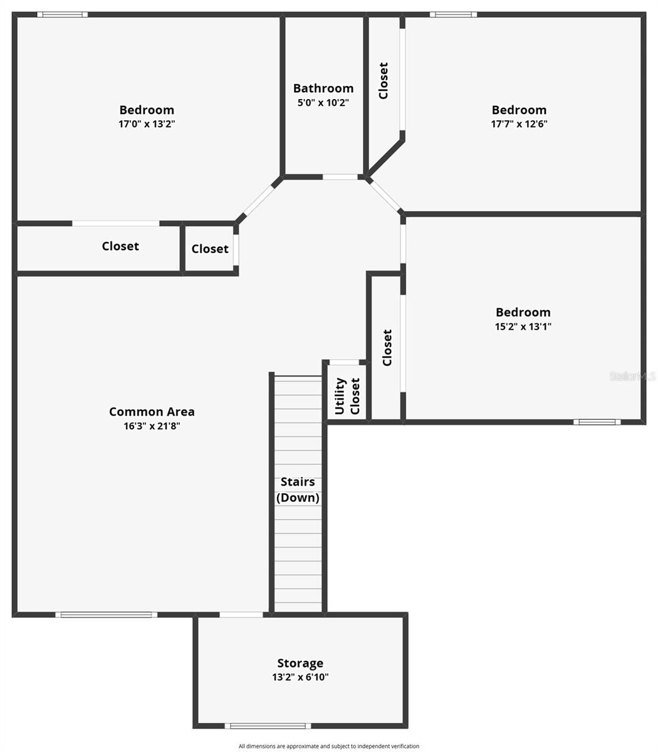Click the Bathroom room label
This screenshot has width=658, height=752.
(x=323, y=88)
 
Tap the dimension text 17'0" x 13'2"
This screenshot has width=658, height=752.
(x=147, y=124)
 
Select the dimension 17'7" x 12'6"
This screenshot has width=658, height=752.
(x=519, y=124)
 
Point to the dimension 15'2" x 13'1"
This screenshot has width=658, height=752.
(x=523, y=326)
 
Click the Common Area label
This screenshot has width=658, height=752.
(x=152, y=412)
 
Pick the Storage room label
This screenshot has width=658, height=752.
(x=300, y=663)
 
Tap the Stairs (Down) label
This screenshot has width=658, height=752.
(x=298, y=490)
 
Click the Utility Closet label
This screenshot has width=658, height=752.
(x=347, y=396)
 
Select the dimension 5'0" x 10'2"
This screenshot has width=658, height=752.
(x=323, y=103)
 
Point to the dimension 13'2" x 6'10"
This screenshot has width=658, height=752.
(x=300, y=677)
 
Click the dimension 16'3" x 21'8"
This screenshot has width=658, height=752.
(x=152, y=426)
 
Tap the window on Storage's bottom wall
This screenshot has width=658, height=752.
(x=268, y=726)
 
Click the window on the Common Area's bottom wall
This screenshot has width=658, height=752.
(x=107, y=615)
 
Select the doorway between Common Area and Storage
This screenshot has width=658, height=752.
(x=241, y=615)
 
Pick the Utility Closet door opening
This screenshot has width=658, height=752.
(x=344, y=362)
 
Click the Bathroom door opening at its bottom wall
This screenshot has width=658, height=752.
(x=340, y=177)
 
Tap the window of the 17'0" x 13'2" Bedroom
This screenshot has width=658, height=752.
(x=62, y=14)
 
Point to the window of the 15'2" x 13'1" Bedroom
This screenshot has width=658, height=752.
(x=597, y=422)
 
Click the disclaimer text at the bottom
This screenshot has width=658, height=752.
(x=329, y=746)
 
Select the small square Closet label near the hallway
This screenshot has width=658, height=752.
(x=210, y=249)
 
